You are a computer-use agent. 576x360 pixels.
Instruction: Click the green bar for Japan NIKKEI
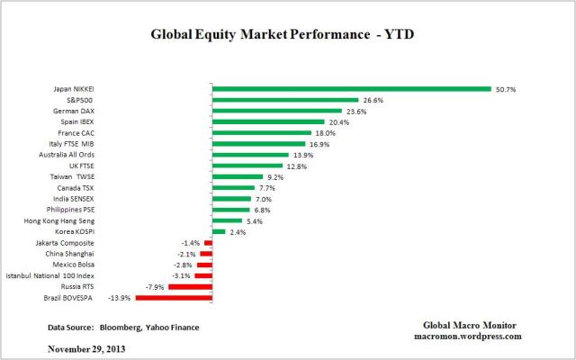pos(351,89)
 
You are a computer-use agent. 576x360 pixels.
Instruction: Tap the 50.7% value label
pos(505,89)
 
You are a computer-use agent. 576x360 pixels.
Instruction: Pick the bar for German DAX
pos(277,112)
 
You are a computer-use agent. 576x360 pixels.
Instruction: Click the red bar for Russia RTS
pos(190,285)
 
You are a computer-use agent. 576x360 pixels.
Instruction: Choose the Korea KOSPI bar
pos(219,231)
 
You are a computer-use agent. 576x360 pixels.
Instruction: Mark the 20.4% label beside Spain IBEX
pos(338,122)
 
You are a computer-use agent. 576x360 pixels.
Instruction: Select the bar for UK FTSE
pos(247,166)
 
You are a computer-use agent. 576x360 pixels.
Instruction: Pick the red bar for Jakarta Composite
pos(208,242)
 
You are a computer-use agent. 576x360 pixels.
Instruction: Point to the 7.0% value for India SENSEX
pos(264,198)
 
